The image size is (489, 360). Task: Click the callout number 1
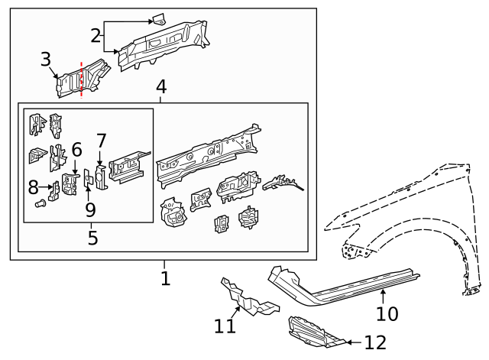(165, 278)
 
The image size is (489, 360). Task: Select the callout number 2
(96, 35)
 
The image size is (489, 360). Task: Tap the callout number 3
(46, 60)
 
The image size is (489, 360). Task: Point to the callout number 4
(161, 87)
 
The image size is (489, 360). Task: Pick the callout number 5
(92, 238)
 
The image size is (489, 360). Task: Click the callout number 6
(76, 150)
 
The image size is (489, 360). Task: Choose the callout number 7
(101, 141)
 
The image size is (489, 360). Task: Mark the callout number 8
(33, 186)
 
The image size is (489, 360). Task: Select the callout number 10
(387, 313)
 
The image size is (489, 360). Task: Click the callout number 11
(225, 326)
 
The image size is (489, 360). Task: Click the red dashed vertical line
(81, 79)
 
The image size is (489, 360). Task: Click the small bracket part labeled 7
(100, 176)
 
